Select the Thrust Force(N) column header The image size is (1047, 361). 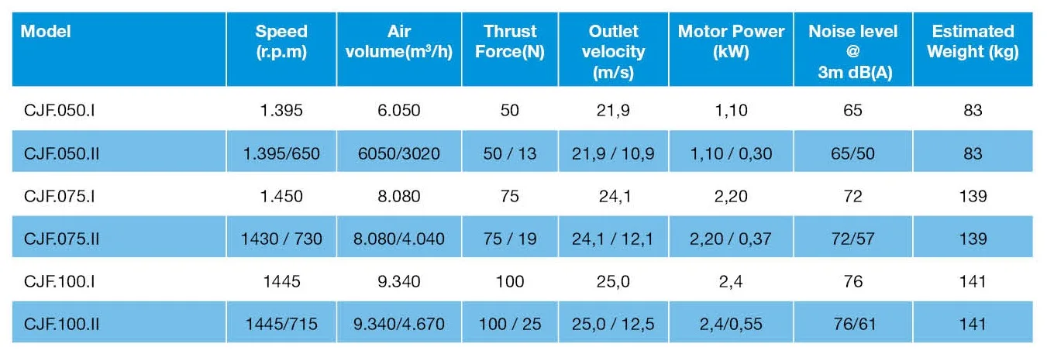[x=510, y=42]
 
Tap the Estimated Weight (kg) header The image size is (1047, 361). [x=972, y=42]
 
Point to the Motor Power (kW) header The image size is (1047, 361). [x=731, y=42]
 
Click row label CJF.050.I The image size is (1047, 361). [x=60, y=111]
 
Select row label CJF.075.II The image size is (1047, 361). [x=61, y=239]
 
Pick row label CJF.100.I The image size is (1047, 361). [x=60, y=281]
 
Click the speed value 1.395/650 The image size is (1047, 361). [x=281, y=153]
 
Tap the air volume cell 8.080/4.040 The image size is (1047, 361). [x=399, y=239]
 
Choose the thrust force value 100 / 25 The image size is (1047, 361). [x=510, y=324]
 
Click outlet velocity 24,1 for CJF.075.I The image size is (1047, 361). [x=611, y=196]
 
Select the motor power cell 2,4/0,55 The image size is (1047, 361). [x=731, y=324]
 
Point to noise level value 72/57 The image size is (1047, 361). [x=852, y=239]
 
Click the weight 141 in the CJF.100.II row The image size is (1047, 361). [x=972, y=324]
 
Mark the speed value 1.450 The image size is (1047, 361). [x=281, y=196]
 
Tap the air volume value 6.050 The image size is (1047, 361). [x=399, y=111]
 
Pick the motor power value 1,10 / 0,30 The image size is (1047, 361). [x=731, y=153]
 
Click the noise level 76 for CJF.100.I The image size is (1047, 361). [x=852, y=281]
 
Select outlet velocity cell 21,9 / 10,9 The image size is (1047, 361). [x=611, y=153]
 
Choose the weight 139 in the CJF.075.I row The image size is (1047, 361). [x=972, y=196]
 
